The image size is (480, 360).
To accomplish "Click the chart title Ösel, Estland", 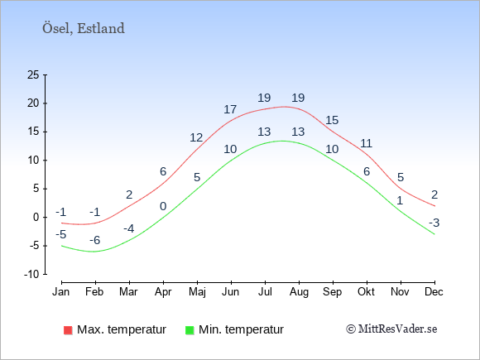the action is coord(84,28).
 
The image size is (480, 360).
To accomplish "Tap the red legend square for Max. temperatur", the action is coord(68,330).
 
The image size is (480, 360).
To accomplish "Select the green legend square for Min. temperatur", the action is coord(190,330).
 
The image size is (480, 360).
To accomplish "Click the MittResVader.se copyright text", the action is coord(391,329).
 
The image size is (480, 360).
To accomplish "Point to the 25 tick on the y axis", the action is coord(33,74).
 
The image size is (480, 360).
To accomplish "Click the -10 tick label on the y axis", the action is coord(31,274).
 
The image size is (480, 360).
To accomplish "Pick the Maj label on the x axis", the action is coord(197,292).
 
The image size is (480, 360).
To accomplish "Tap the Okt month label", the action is coord(366,292).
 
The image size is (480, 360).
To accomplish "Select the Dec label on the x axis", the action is coord(434,292).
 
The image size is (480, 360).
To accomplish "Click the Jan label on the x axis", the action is coord(61,292).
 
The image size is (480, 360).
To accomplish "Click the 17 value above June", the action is coord(230,109).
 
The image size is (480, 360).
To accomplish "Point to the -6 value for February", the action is coord(95,240).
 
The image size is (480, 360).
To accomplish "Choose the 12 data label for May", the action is coord(196,137).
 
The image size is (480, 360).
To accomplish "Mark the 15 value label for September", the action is coord(332,120).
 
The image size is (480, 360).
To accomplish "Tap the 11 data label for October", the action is coord(366,143).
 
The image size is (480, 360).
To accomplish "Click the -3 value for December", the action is coord(434,223).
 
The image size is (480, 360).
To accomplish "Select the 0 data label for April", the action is coord(163,206).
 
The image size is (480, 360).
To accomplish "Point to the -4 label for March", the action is coord(129,228).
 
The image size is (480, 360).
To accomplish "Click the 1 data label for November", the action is coord(400,200).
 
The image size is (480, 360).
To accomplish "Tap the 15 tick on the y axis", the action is coord(33,132).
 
